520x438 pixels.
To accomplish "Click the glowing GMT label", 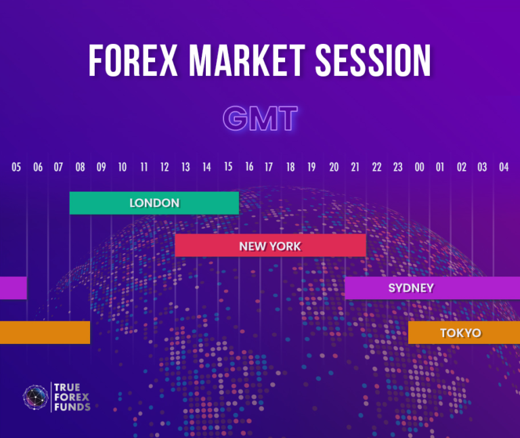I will [260, 119].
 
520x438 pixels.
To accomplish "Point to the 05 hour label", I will [16, 167].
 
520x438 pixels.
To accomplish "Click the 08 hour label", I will [80, 167].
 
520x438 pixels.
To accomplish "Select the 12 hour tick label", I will [165, 167].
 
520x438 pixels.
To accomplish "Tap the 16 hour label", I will [249, 167].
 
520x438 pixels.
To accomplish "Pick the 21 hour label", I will [355, 167].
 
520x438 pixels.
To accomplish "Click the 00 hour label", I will [419, 167].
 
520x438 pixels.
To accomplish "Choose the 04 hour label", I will [503, 167].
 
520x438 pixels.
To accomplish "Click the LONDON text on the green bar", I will [154, 203].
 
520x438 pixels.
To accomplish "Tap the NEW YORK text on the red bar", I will [270, 246].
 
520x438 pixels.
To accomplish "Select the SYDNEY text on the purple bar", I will [411, 288].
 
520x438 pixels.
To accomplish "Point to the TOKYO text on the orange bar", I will [460, 332].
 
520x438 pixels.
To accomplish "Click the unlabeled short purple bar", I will [13, 288].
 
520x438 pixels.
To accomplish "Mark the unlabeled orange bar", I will [45, 332].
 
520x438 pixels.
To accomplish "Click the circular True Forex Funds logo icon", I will [35, 397].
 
